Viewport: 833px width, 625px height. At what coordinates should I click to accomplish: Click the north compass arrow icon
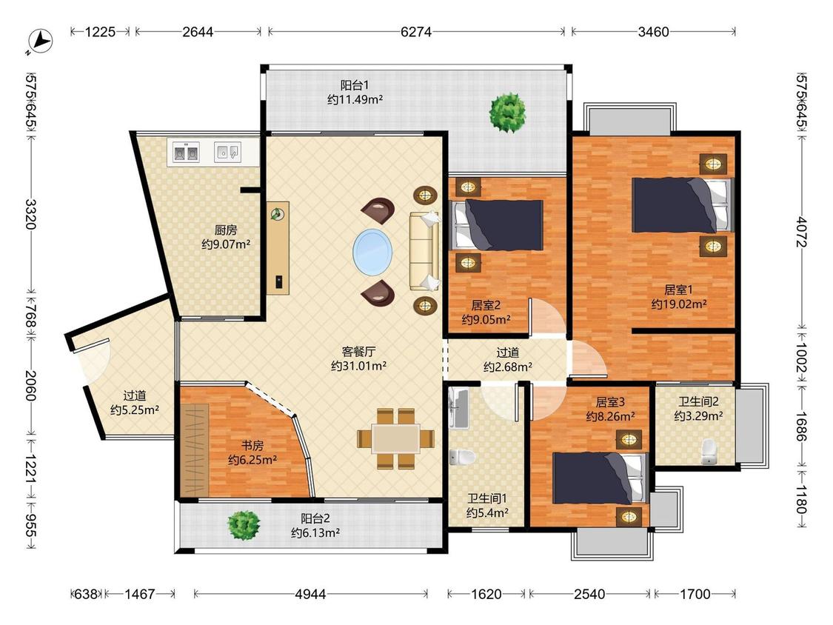[41, 41]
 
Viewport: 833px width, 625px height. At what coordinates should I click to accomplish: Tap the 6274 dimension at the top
[416, 32]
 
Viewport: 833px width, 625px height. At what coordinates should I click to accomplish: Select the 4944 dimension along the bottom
[310, 594]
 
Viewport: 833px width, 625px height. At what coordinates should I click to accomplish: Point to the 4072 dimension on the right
[802, 232]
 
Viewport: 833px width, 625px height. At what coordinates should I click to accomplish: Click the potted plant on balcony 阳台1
[508, 113]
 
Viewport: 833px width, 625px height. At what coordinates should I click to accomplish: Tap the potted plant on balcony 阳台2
[244, 525]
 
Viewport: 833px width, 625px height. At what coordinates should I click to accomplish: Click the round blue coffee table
[373, 252]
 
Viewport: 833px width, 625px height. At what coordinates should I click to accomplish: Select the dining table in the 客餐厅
[396, 439]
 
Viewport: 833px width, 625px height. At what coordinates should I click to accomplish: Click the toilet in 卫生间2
[709, 452]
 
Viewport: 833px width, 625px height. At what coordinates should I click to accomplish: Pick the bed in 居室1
[682, 205]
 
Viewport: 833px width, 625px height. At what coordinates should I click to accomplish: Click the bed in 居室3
[601, 478]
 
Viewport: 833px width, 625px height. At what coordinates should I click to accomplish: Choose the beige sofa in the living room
[424, 251]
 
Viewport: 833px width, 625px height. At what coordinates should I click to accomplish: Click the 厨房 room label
[226, 230]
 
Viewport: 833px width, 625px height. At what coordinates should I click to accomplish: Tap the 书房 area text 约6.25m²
[252, 460]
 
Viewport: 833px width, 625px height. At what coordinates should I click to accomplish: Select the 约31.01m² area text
[358, 366]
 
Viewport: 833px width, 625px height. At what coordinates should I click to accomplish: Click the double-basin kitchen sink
[187, 153]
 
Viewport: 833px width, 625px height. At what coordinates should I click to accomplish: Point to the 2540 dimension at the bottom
[589, 594]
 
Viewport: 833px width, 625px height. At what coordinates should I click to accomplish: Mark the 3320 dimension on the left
[31, 214]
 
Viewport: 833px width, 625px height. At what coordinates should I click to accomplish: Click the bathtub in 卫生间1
[458, 408]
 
